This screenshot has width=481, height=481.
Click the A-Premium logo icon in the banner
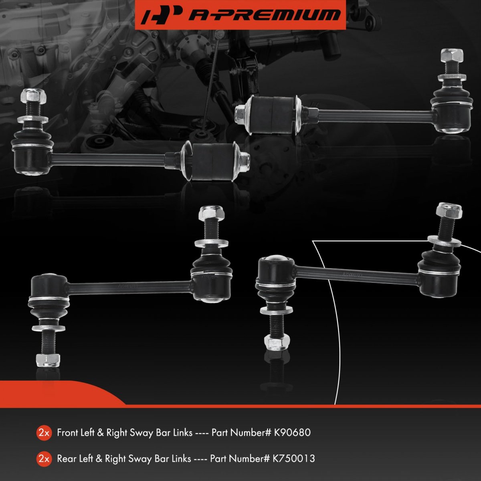[160, 15]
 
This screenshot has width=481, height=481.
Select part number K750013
[293, 459]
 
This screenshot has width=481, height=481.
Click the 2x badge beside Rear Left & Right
[44, 459]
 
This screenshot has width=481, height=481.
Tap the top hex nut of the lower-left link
[211, 213]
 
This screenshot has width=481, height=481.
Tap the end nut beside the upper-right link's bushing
[241, 115]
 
